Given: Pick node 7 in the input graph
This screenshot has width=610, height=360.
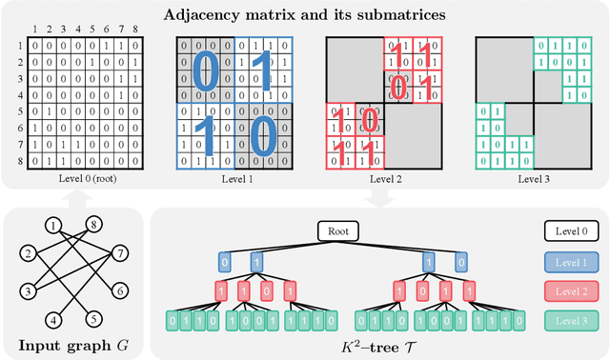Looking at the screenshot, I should point(120,253).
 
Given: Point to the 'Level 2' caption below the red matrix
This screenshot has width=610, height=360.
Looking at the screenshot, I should point(380,179).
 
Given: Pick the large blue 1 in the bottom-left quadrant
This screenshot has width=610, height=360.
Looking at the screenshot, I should point(205,136).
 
